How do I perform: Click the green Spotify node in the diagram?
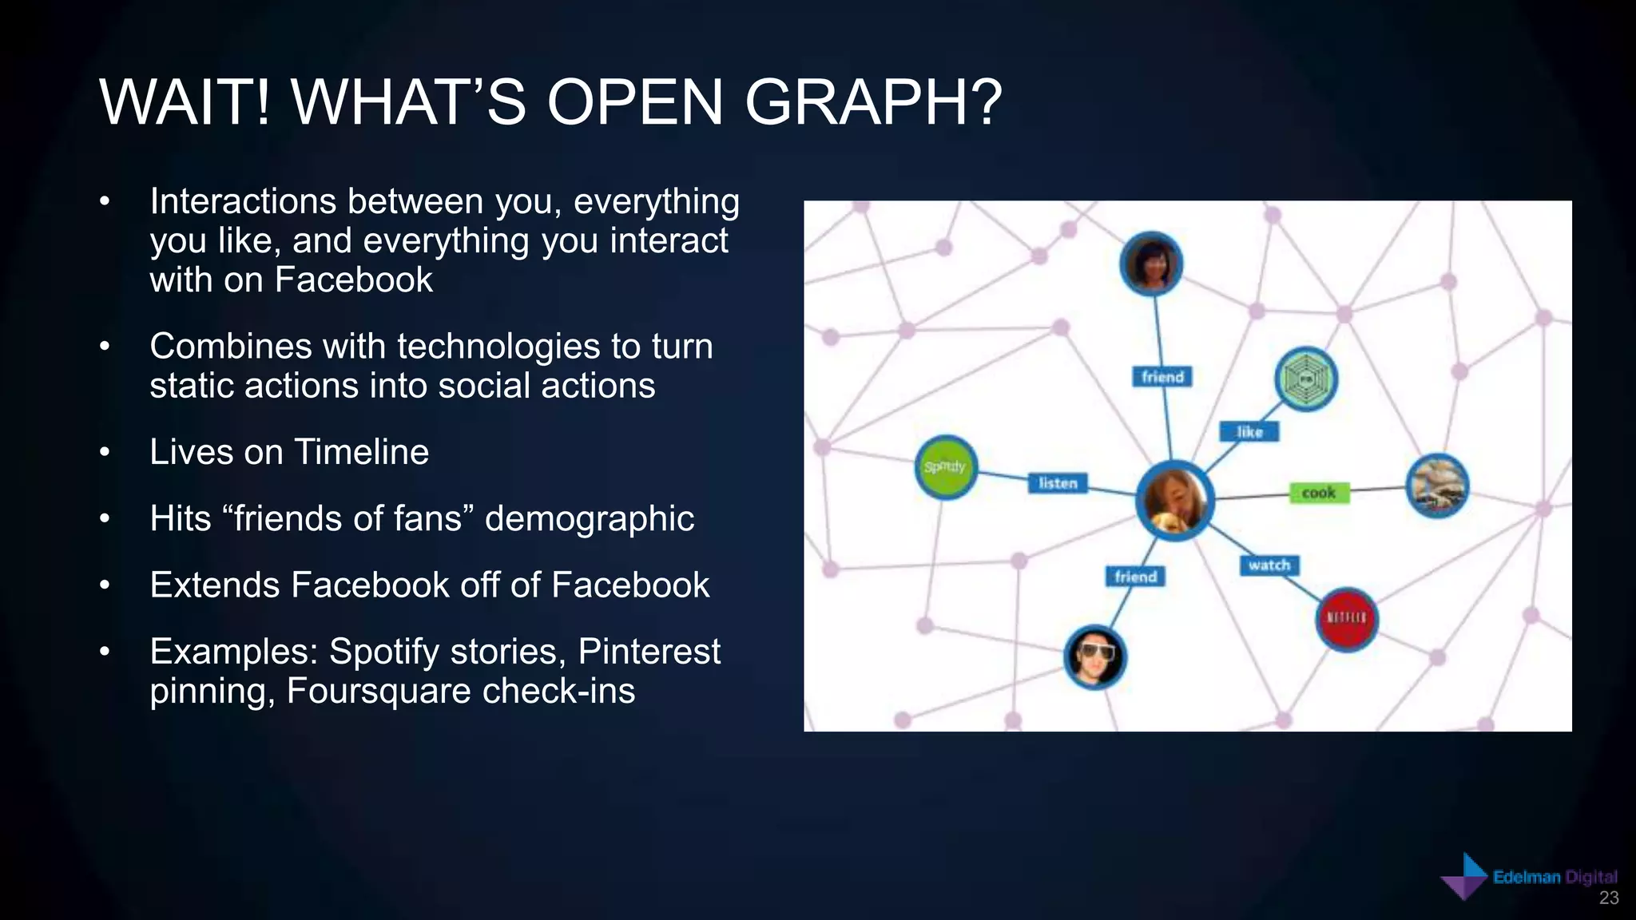pyautogui.click(x=945, y=467)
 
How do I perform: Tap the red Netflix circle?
pyautogui.click(x=1347, y=619)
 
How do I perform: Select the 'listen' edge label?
pyautogui.click(x=1058, y=483)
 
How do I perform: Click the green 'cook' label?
pyautogui.click(x=1319, y=493)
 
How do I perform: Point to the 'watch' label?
pyautogui.click(x=1269, y=565)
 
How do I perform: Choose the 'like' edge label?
pyautogui.click(x=1249, y=432)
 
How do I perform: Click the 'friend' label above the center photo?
pyautogui.click(x=1162, y=377)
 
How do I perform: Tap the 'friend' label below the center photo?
pyautogui.click(x=1135, y=577)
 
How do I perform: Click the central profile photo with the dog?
pyautogui.click(x=1174, y=501)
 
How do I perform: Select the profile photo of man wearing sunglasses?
pyautogui.click(x=1095, y=656)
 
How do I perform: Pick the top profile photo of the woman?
pyautogui.click(x=1150, y=264)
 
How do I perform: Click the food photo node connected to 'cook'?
pyautogui.click(x=1437, y=486)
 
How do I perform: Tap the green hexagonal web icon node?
pyautogui.click(x=1305, y=379)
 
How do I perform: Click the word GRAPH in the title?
pyautogui.click(x=872, y=103)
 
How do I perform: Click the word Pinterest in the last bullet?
pyautogui.click(x=649, y=652)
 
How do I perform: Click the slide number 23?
pyautogui.click(x=1609, y=898)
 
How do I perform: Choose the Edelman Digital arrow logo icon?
pyautogui.click(x=1465, y=877)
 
